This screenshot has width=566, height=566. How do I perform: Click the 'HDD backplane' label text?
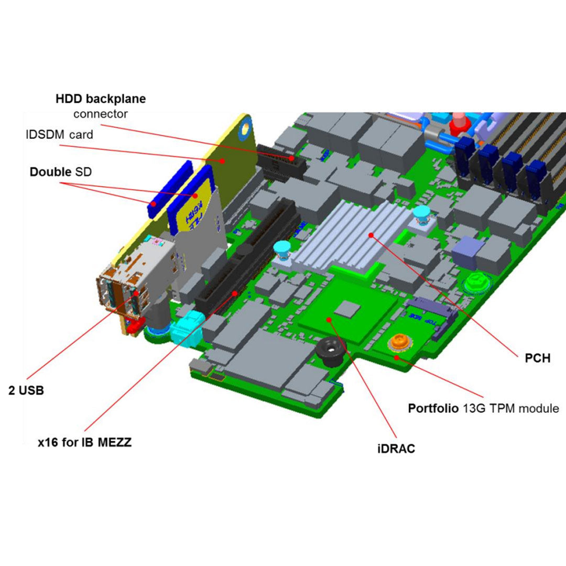point(101,99)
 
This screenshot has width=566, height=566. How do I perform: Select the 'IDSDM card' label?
point(59,135)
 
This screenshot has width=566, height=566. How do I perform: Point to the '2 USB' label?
point(26,390)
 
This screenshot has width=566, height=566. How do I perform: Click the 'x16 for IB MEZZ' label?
point(84,442)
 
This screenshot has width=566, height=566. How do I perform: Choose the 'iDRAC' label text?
point(396,449)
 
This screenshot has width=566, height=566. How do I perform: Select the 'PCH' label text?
point(537,359)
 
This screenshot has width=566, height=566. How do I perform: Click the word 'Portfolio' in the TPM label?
point(434,408)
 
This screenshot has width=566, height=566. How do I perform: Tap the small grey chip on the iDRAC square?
point(346,309)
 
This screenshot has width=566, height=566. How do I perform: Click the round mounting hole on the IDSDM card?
point(245,128)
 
